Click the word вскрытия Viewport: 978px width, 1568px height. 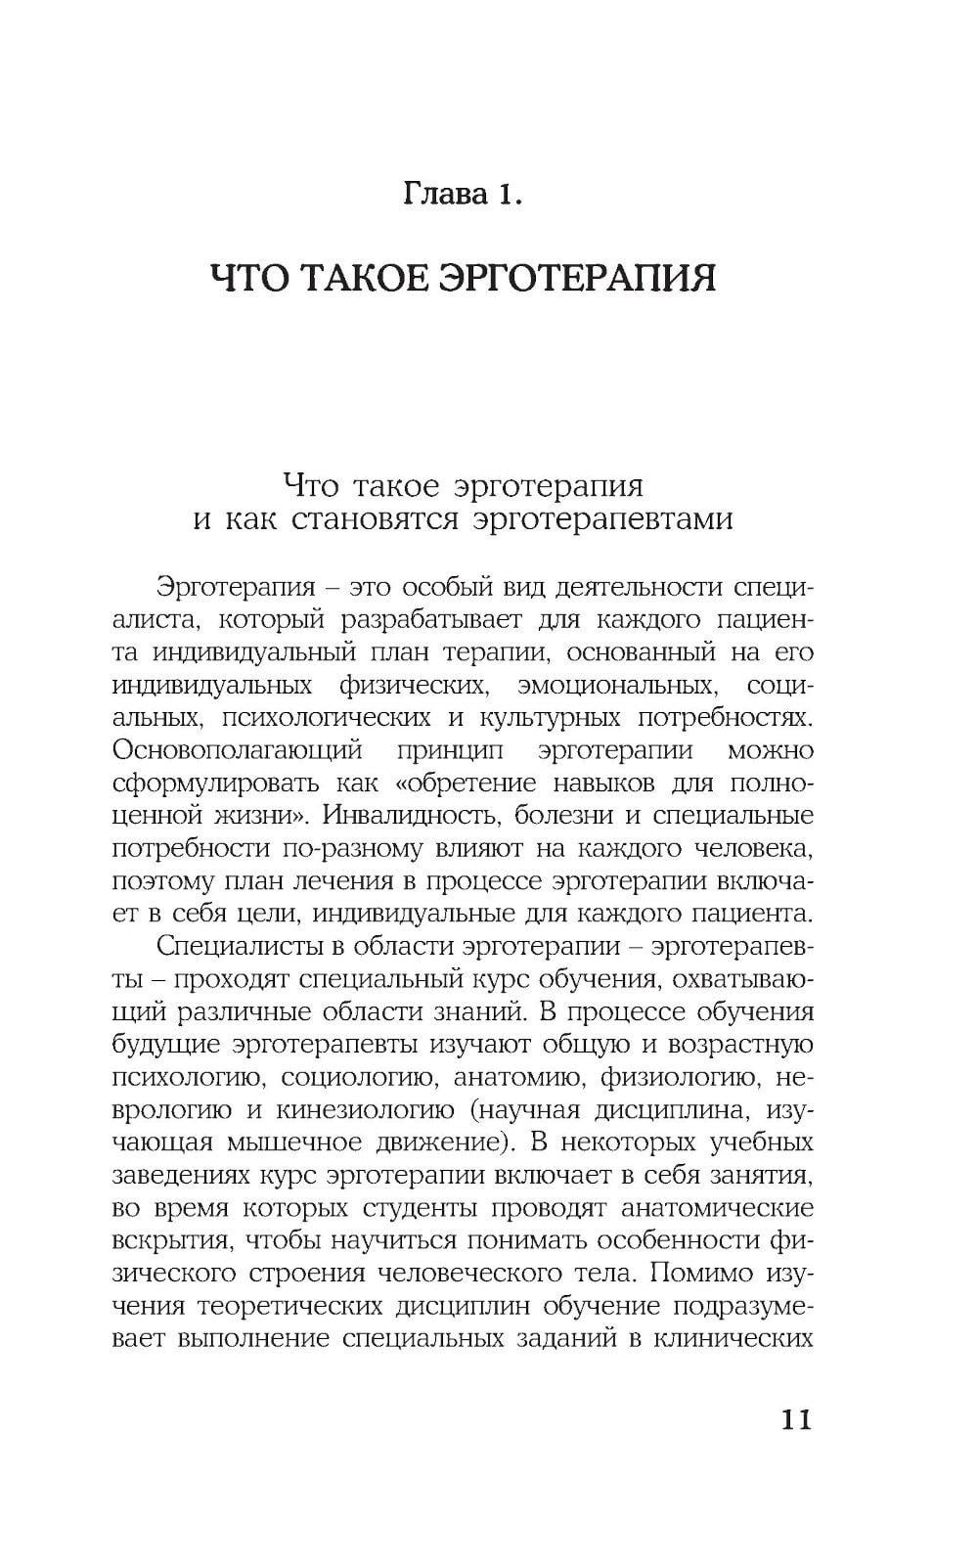coord(174,1240)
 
